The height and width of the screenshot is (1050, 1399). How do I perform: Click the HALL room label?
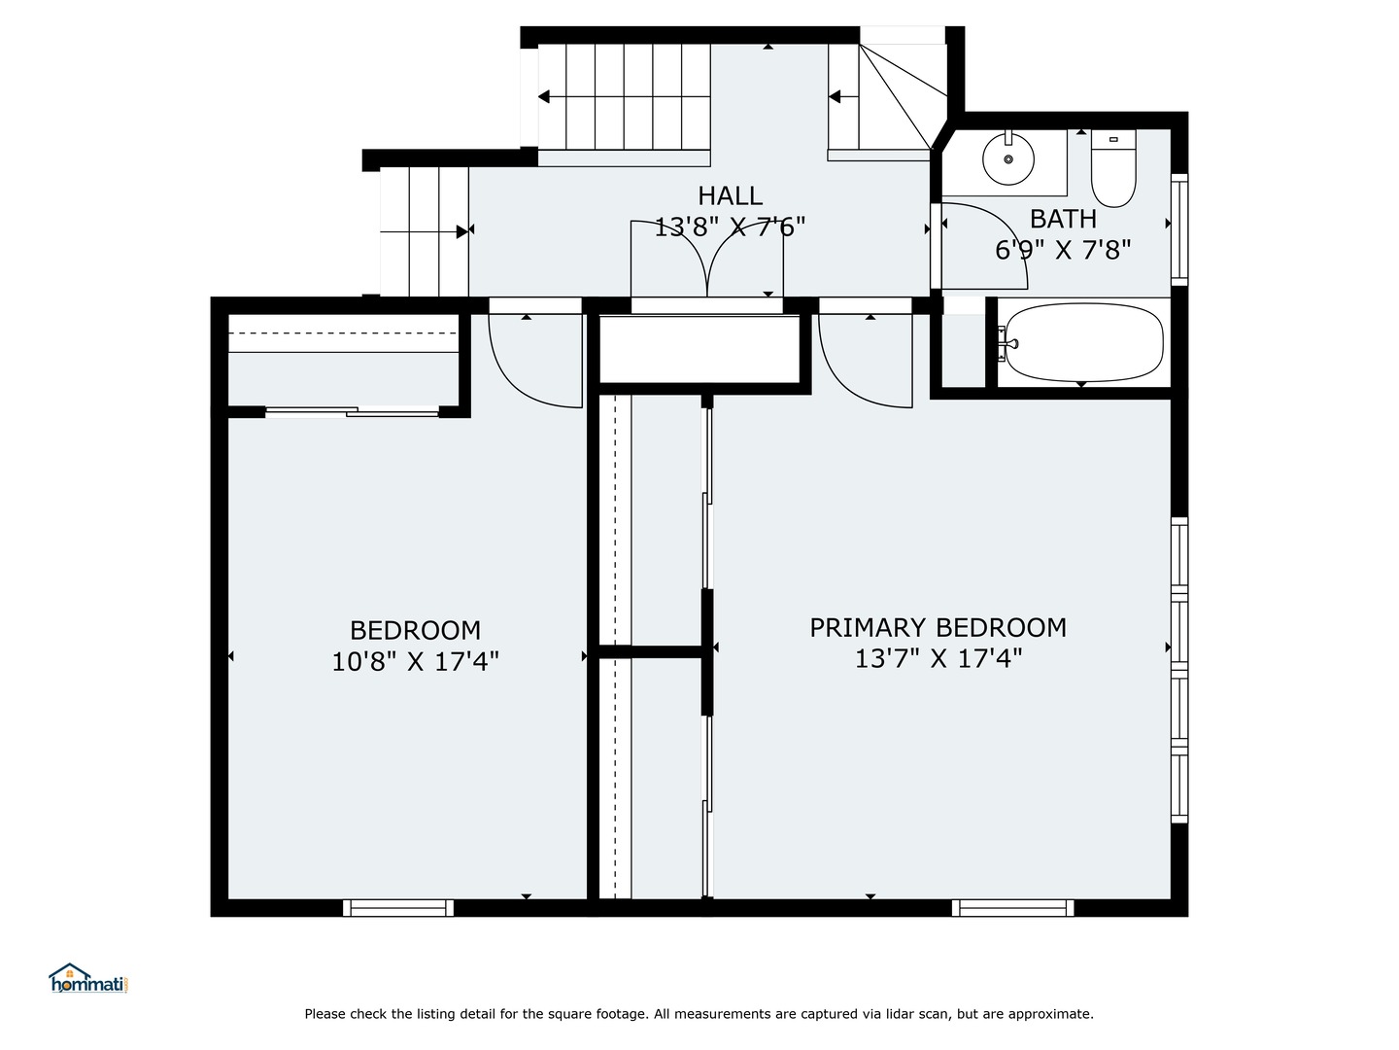[x=730, y=195]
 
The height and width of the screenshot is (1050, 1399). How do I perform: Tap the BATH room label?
[x=1063, y=219]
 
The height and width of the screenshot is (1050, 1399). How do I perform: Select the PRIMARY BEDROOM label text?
[x=938, y=627]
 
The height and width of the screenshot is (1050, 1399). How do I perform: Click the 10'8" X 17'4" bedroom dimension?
[x=415, y=662]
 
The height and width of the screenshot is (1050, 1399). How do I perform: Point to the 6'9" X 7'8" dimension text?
[x=1063, y=251]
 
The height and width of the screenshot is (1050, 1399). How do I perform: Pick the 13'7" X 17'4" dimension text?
[x=938, y=659]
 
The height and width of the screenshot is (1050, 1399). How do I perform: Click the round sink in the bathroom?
[x=1007, y=158]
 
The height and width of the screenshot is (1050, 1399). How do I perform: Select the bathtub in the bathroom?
[x=1083, y=342]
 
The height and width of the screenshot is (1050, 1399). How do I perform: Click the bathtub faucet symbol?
[x=1008, y=343]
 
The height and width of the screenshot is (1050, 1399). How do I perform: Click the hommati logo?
[x=88, y=979]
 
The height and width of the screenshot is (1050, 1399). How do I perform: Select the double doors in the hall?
[x=706, y=258]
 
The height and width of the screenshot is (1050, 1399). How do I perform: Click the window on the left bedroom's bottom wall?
[x=398, y=908]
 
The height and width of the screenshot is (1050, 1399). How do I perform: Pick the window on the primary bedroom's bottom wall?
[x=1013, y=908]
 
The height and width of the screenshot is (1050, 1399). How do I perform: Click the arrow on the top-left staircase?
[x=544, y=96]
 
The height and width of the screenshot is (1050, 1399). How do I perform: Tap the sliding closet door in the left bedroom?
[x=352, y=412]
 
